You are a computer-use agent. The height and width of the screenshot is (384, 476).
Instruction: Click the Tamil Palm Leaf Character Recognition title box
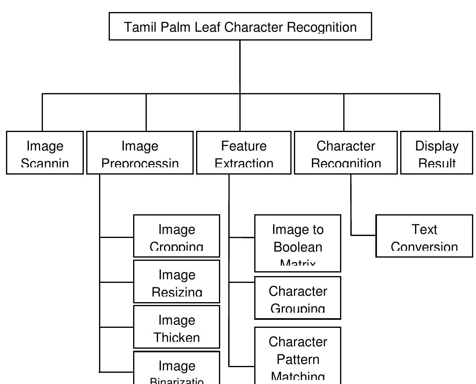[x=240, y=26]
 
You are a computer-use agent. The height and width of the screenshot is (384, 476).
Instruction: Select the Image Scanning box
[x=45, y=153]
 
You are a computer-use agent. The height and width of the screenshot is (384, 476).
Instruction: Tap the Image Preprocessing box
[x=140, y=153]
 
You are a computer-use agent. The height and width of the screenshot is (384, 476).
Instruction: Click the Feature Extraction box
[x=243, y=153]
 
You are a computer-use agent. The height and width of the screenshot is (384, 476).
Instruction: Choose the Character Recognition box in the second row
[x=346, y=153]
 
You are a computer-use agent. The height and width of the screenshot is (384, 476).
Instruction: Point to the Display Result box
[x=436, y=153]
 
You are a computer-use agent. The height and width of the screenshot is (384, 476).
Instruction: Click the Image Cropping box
[x=176, y=236]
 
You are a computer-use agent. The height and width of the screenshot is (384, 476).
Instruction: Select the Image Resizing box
[x=176, y=281]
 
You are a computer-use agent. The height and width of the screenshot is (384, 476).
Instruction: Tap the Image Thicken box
[x=176, y=327]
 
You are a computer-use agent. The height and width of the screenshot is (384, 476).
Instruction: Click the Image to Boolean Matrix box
[x=298, y=243]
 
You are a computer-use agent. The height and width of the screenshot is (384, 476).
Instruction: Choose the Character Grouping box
[x=298, y=298]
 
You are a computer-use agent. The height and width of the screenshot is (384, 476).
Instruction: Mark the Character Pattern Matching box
[x=298, y=355]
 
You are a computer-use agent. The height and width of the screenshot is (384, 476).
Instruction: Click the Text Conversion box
[x=424, y=236]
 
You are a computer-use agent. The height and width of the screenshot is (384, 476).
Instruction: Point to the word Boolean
[x=298, y=247]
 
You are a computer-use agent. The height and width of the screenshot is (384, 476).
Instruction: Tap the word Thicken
[x=176, y=337]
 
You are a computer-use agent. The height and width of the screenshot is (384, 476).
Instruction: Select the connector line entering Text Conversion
[x=363, y=235]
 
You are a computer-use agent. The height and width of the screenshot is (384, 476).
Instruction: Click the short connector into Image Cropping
[x=116, y=237]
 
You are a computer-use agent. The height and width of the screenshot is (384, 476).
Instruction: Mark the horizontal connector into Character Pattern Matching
[x=241, y=366]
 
